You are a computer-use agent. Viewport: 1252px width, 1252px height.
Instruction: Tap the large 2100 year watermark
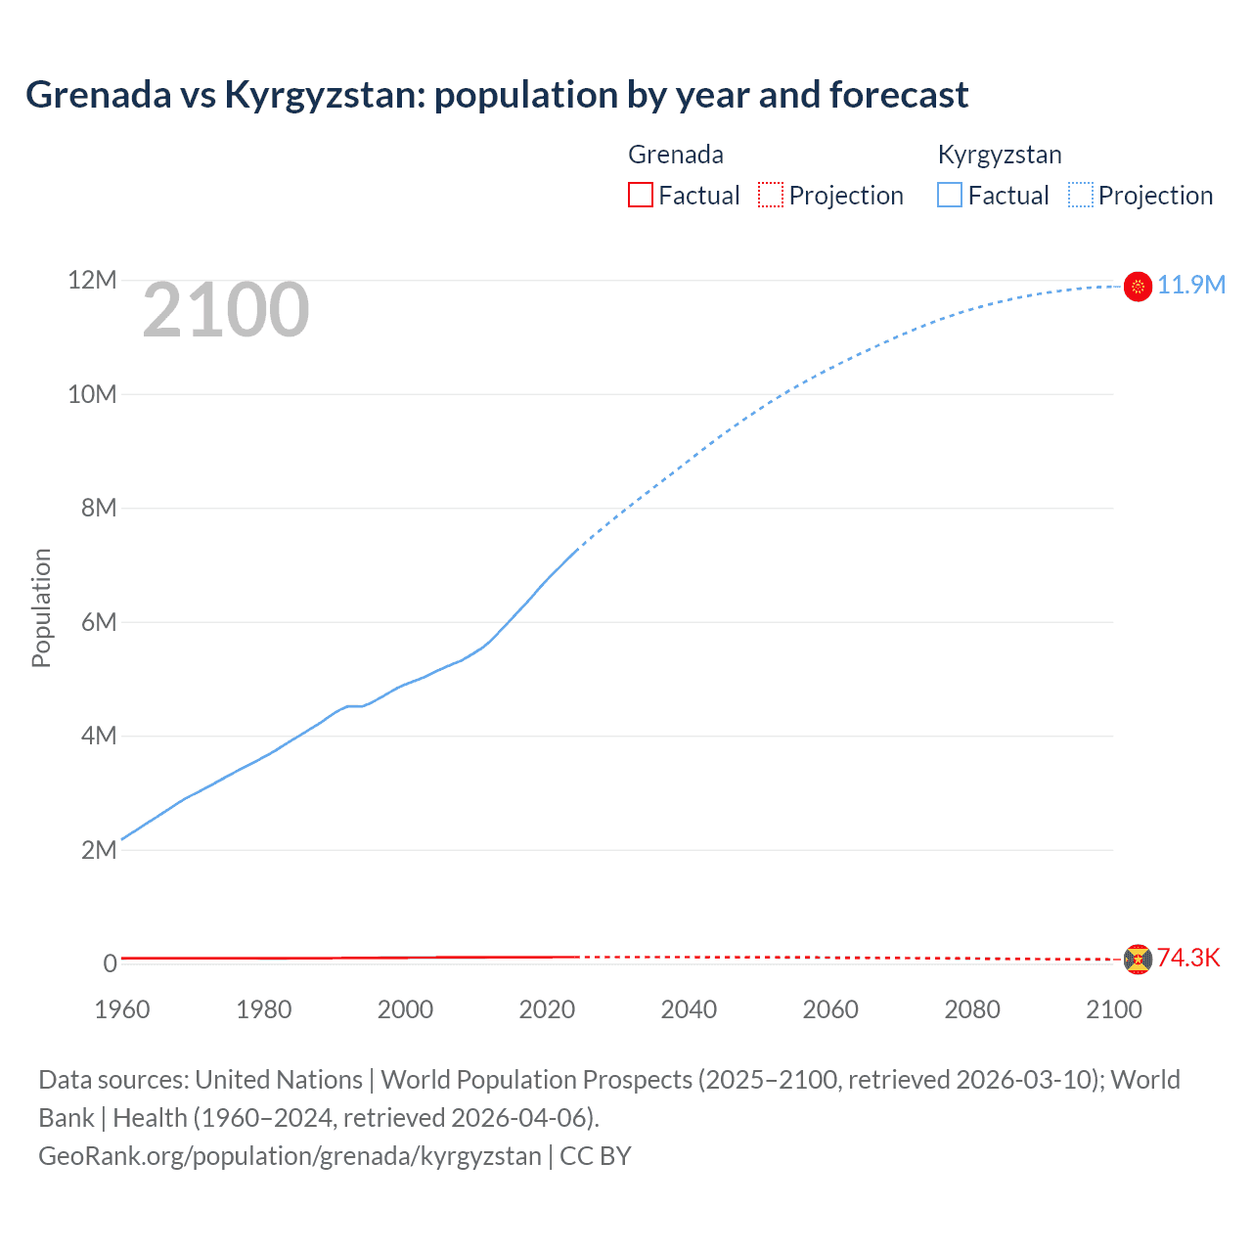coord(226,310)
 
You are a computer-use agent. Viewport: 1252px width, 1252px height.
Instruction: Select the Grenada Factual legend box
coord(640,195)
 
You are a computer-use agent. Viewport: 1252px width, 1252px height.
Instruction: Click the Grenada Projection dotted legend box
coord(771,195)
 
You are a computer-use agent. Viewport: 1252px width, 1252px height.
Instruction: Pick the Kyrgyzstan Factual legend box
coord(950,195)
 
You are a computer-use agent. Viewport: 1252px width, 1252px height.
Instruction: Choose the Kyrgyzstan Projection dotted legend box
coord(1081,195)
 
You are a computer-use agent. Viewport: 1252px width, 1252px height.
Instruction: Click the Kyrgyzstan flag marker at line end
coord(1138,286)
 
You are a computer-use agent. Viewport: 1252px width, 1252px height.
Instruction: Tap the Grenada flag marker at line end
coord(1138,960)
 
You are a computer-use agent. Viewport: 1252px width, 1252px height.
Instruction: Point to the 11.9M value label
coord(1191,285)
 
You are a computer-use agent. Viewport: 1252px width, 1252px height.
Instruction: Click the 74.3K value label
coord(1188,958)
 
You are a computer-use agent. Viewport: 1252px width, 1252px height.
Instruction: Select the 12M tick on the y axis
coord(92,281)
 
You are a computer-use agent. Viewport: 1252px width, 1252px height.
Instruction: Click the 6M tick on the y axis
coord(98,622)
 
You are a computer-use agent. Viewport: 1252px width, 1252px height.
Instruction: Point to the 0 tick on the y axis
coord(110,963)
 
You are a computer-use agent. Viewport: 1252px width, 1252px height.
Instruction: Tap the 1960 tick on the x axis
coord(122,1009)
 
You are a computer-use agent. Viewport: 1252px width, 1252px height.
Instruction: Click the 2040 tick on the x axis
coord(689,1009)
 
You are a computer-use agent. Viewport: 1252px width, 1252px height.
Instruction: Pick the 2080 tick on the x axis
coord(972,1009)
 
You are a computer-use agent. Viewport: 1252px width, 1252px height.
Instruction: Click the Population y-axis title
coord(41,607)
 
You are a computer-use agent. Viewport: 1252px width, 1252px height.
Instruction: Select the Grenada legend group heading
coord(676,155)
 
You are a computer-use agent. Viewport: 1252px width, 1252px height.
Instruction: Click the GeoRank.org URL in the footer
coord(290,1156)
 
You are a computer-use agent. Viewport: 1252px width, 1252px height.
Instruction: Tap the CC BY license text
coord(596,1156)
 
